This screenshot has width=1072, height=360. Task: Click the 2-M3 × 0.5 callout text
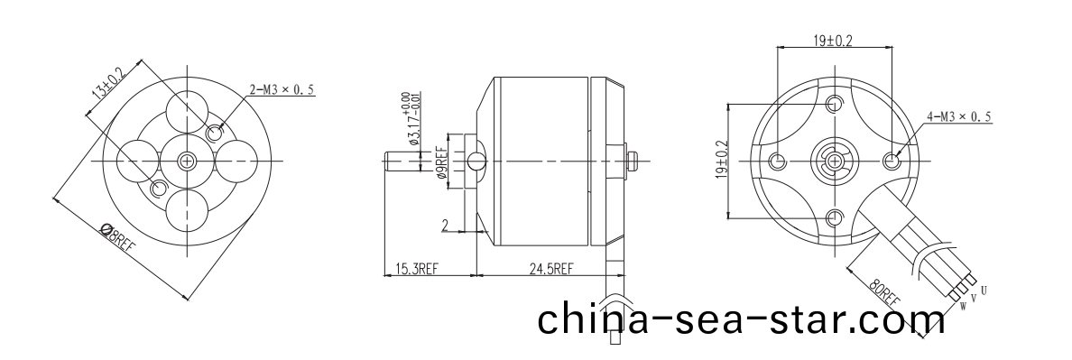pyautogui.click(x=282, y=89)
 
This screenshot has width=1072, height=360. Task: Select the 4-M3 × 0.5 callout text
pyautogui.click(x=958, y=117)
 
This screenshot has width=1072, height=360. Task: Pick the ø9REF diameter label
pyautogui.click(x=441, y=163)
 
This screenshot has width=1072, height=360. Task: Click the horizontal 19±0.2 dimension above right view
pyautogui.click(x=833, y=41)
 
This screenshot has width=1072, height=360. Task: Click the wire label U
pyautogui.click(x=983, y=291)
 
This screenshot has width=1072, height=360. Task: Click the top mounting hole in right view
pyautogui.click(x=835, y=103)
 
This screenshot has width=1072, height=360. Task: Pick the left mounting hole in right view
pyautogui.click(x=778, y=161)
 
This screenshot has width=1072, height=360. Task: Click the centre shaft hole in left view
pyautogui.click(x=187, y=161)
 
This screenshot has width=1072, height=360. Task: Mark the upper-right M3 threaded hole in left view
pyautogui.click(x=215, y=134)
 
